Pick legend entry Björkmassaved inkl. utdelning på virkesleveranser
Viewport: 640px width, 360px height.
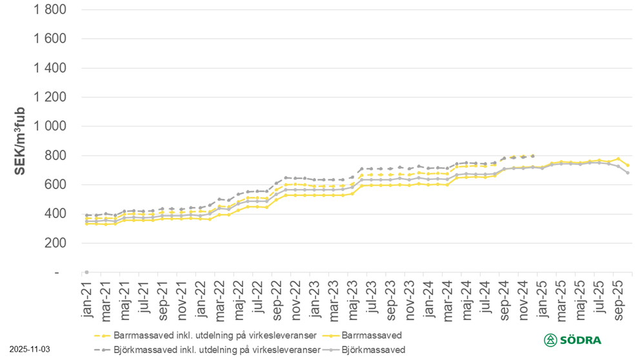coord(216,350)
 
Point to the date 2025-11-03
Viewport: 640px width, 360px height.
coord(28,349)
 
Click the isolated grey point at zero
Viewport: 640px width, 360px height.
coord(86,272)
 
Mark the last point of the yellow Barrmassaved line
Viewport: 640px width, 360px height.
coord(628,166)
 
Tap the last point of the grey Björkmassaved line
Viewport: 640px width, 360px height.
coord(628,173)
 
